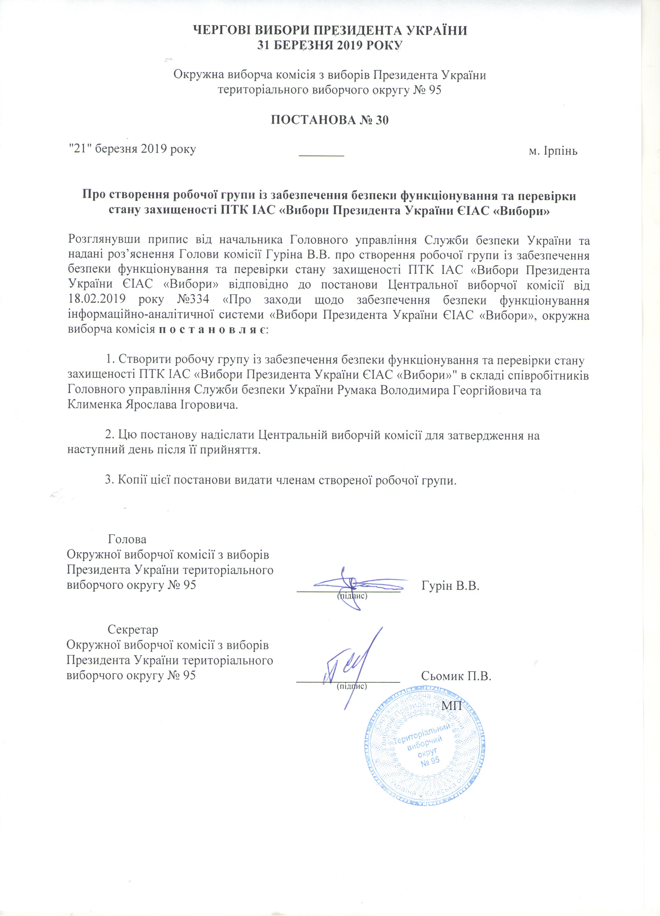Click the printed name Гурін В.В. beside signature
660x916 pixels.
pyautogui.click(x=450, y=585)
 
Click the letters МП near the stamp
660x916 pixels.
pyautogui.click(x=452, y=716)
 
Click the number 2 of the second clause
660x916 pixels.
pyautogui.click(x=108, y=435)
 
